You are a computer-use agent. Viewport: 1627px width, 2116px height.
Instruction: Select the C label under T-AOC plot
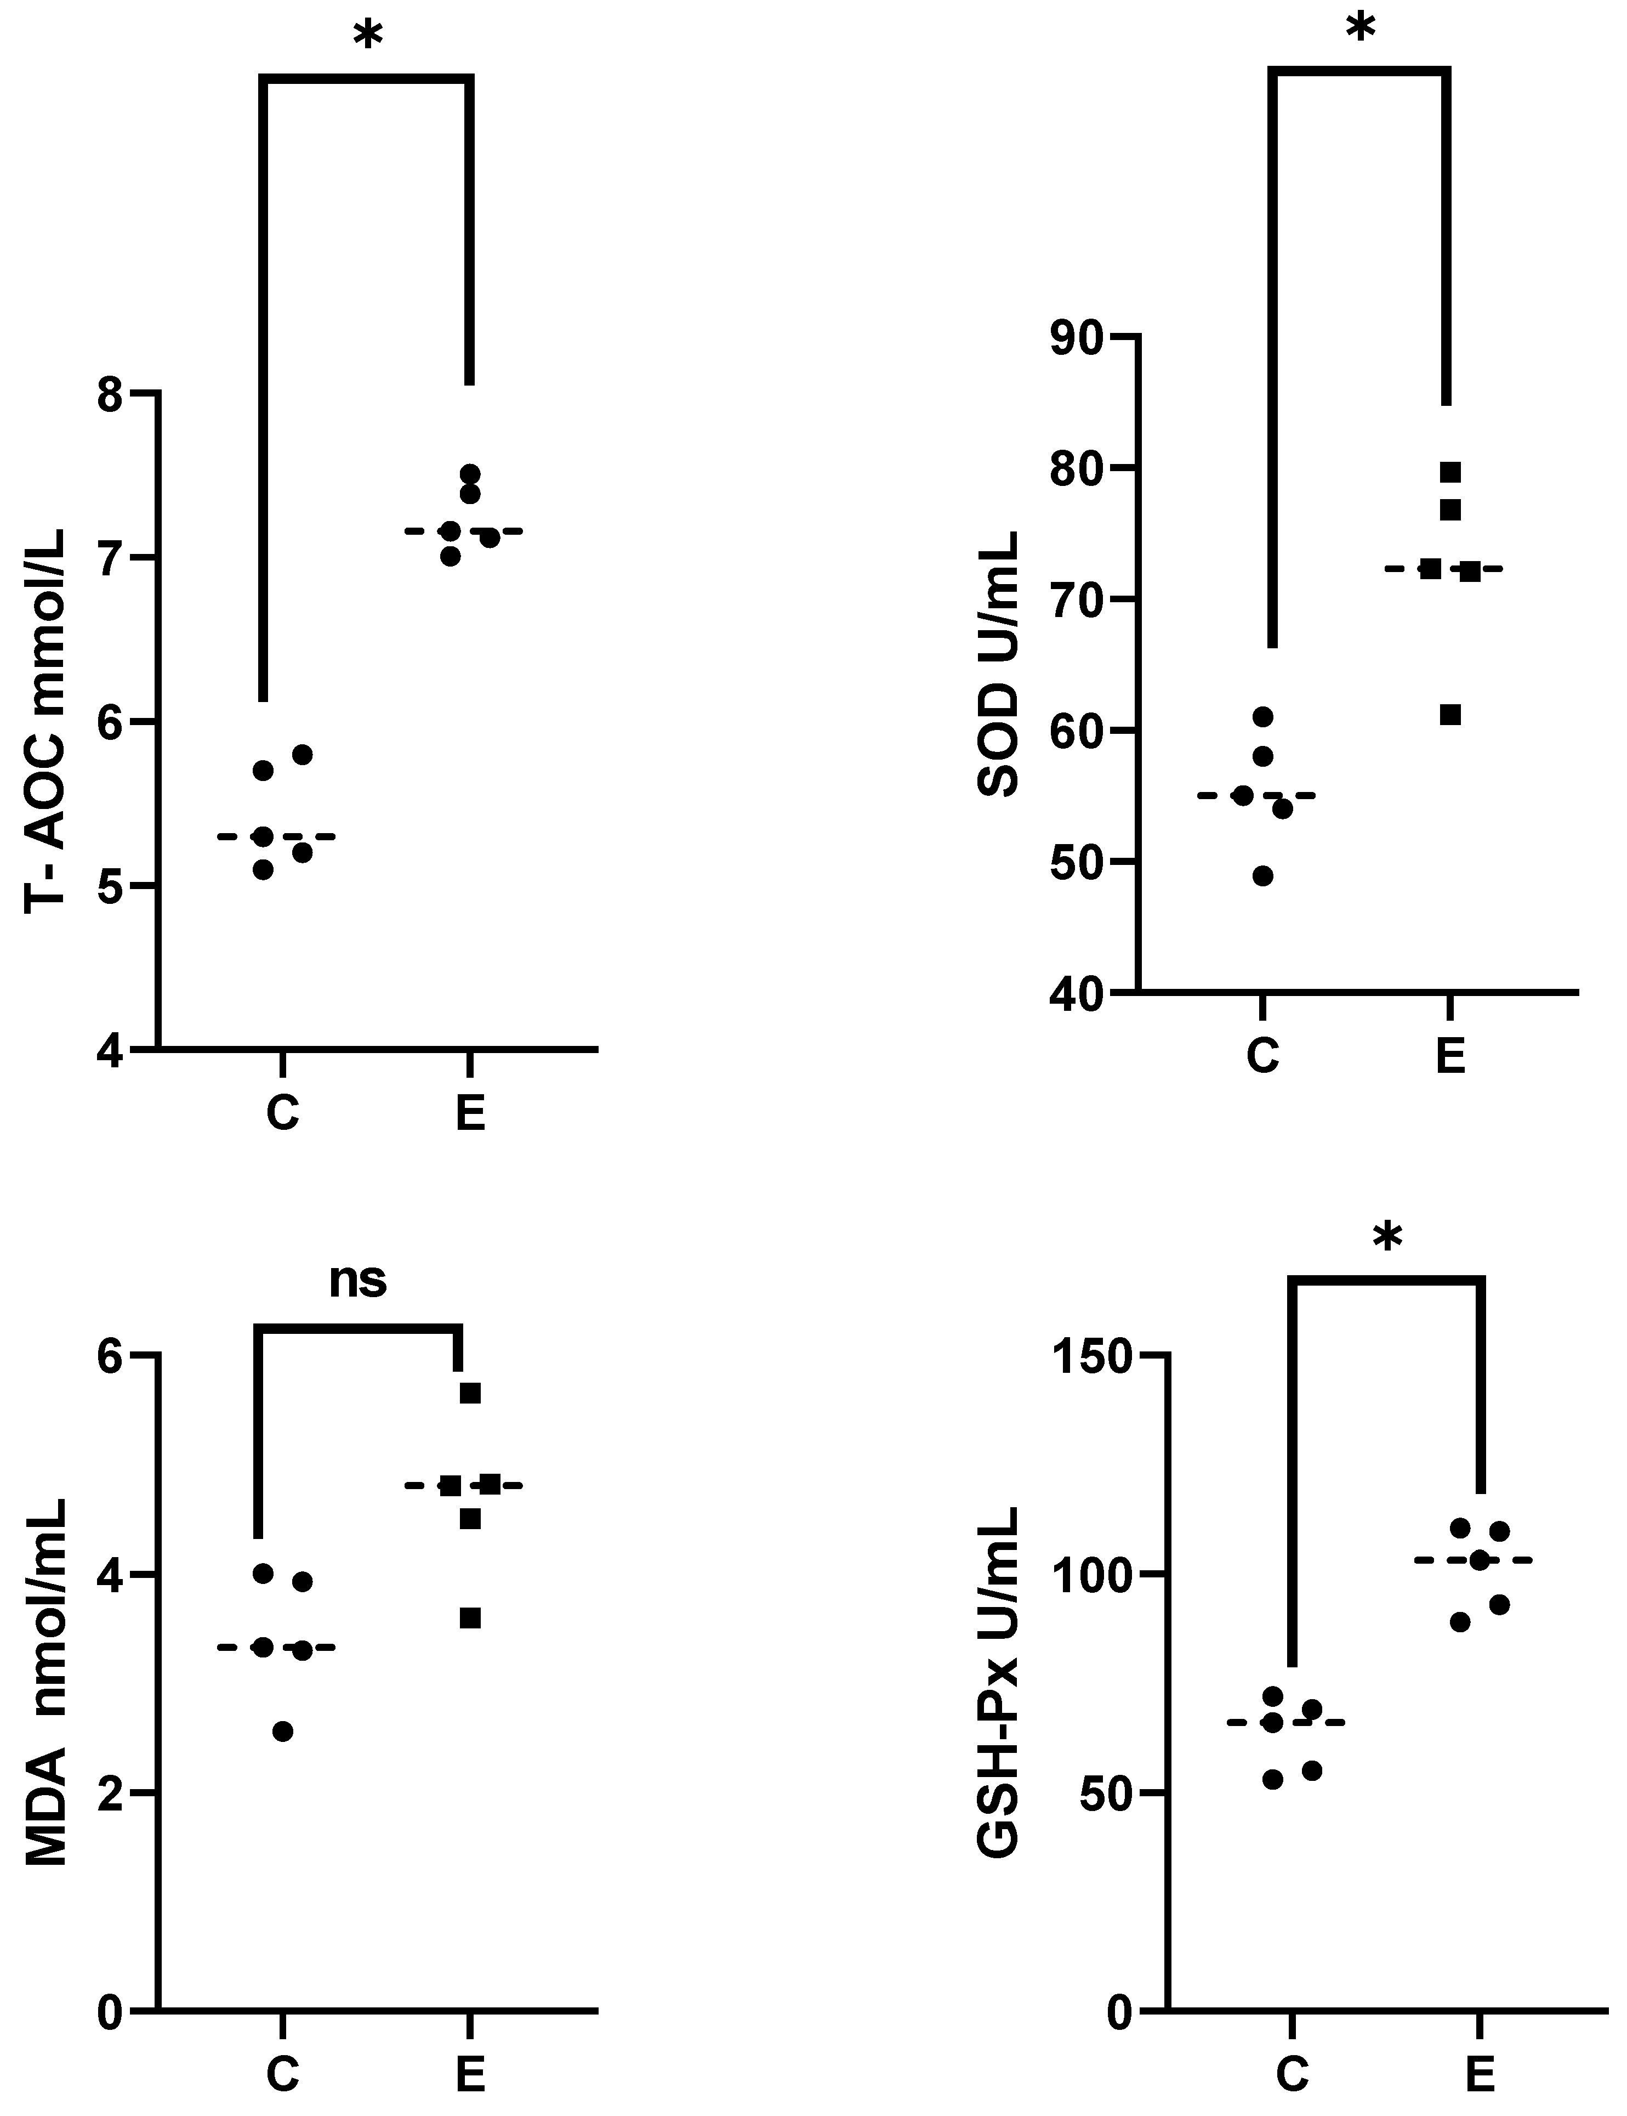tap(282, 1113)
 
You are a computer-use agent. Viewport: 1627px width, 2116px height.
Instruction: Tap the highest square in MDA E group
tap(470, 1393)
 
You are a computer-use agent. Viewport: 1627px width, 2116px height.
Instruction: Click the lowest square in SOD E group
tap(1450, 715)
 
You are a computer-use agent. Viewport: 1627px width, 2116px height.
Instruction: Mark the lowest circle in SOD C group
tap(1263, 876)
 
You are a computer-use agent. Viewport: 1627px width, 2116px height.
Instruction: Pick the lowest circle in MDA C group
tap(282, 1732)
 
